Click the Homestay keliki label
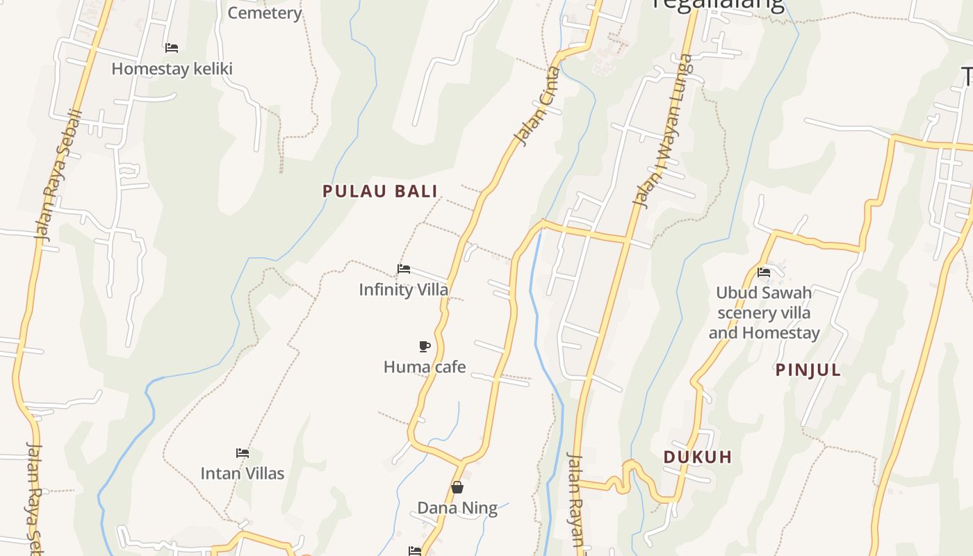pos(172,69)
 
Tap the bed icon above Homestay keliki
pos(172,48)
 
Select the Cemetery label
pos(265,13)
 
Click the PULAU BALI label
pos(380,191)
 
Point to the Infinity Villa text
pos(404,289)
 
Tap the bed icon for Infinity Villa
pos(404,268)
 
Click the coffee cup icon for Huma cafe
pos(425,346)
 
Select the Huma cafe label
pos(425,367)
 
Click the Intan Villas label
pos(243,473)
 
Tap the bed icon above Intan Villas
pos(243,452)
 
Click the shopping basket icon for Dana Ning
pos(457,487)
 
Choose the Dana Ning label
pos(457,508)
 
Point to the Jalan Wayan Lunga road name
pos(663,130)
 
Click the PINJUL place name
pos(808,370)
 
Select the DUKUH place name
pos(698,457)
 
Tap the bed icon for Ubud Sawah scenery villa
pos(764,272)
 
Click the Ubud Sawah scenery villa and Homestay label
pos(764,313)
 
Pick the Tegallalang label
pos(718,6)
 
